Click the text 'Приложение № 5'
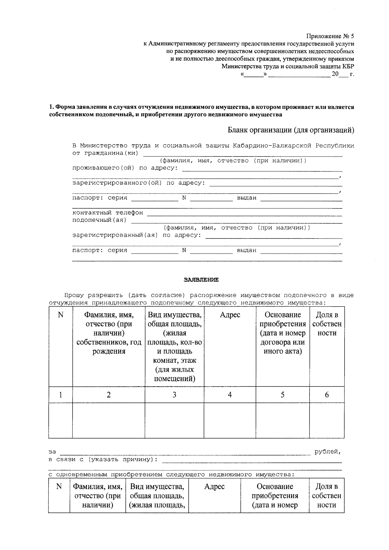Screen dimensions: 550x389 (330, 36)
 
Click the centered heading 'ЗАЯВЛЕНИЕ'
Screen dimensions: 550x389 (201, 279)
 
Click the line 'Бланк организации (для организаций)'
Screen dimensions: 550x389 (291, 130)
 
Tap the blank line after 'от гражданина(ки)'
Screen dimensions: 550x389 (242, 154)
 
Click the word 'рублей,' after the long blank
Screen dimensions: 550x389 (327, 451)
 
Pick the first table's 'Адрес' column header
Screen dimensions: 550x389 (230, 315)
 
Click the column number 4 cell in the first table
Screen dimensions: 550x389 (230, 394)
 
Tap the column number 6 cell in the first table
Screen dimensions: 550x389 (327, 394)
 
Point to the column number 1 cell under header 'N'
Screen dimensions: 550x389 (60, 394)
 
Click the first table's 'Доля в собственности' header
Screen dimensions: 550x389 (327, 324)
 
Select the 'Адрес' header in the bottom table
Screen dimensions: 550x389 (214, 486)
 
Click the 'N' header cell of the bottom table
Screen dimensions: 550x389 (59, 486)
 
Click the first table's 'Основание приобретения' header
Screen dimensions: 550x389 (282, 333)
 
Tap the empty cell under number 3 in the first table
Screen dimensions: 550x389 (174, 420)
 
